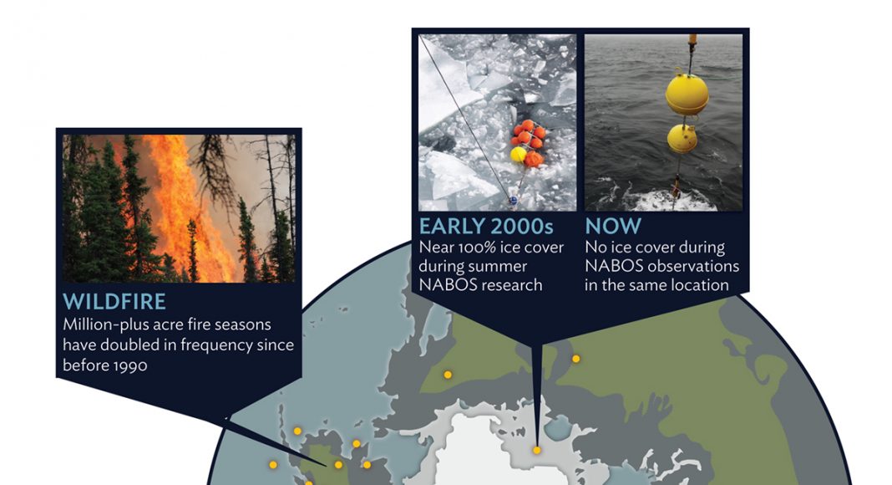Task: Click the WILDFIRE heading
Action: tap(114, 302)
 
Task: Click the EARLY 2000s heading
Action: tap(486, 226)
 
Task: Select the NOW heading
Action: tap(613, 226)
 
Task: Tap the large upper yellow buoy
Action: tap(687, 94)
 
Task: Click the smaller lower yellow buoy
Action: tap(682, 138)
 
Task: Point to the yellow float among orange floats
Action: tap(519, 154)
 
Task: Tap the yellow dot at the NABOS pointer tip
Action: tap(536, 450)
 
